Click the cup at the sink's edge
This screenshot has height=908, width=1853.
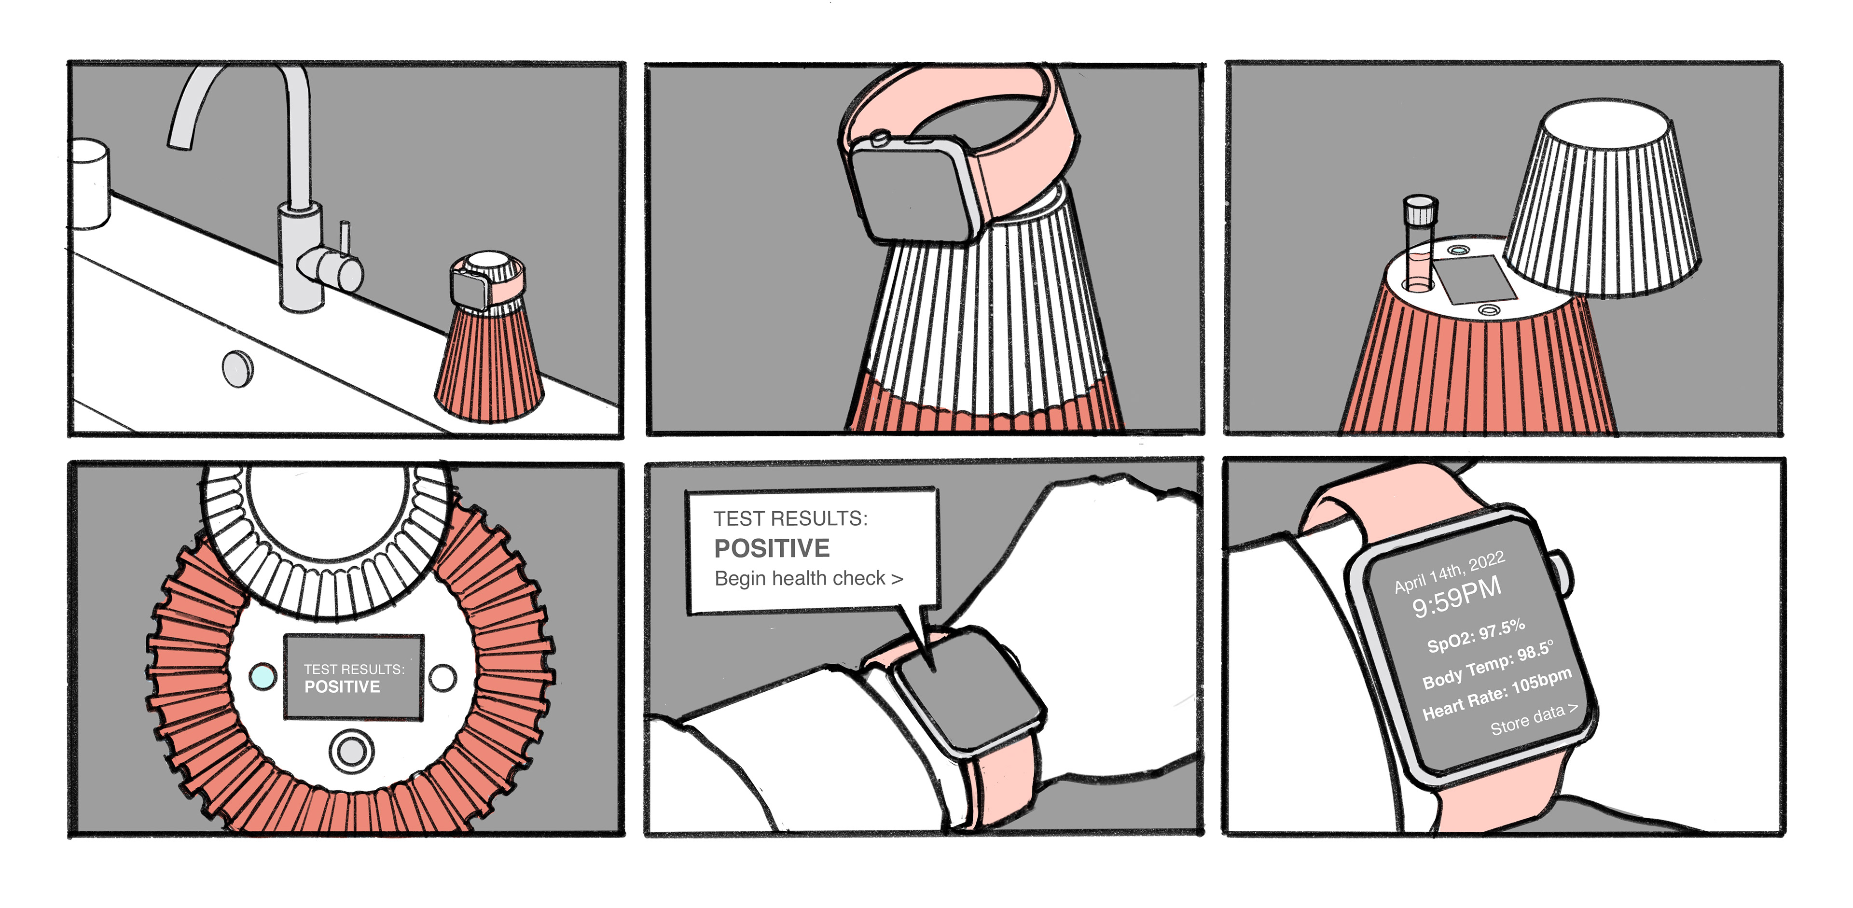coord(90,183)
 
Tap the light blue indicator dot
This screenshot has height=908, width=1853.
coord(263,676)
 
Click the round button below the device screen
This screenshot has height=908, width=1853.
coord(351,751)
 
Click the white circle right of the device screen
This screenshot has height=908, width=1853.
coord(443,677)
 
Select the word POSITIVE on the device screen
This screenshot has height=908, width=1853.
coord(343,687)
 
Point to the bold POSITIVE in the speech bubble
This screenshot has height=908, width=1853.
coord(772,548)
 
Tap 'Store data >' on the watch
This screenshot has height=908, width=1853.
coord(1535,719)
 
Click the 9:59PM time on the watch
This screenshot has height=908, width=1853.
coord(1457,597)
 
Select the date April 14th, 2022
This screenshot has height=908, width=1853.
coord(1450,572)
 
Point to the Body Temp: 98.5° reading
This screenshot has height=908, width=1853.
coord(1488,663)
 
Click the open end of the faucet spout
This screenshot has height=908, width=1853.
coord(180,145)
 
